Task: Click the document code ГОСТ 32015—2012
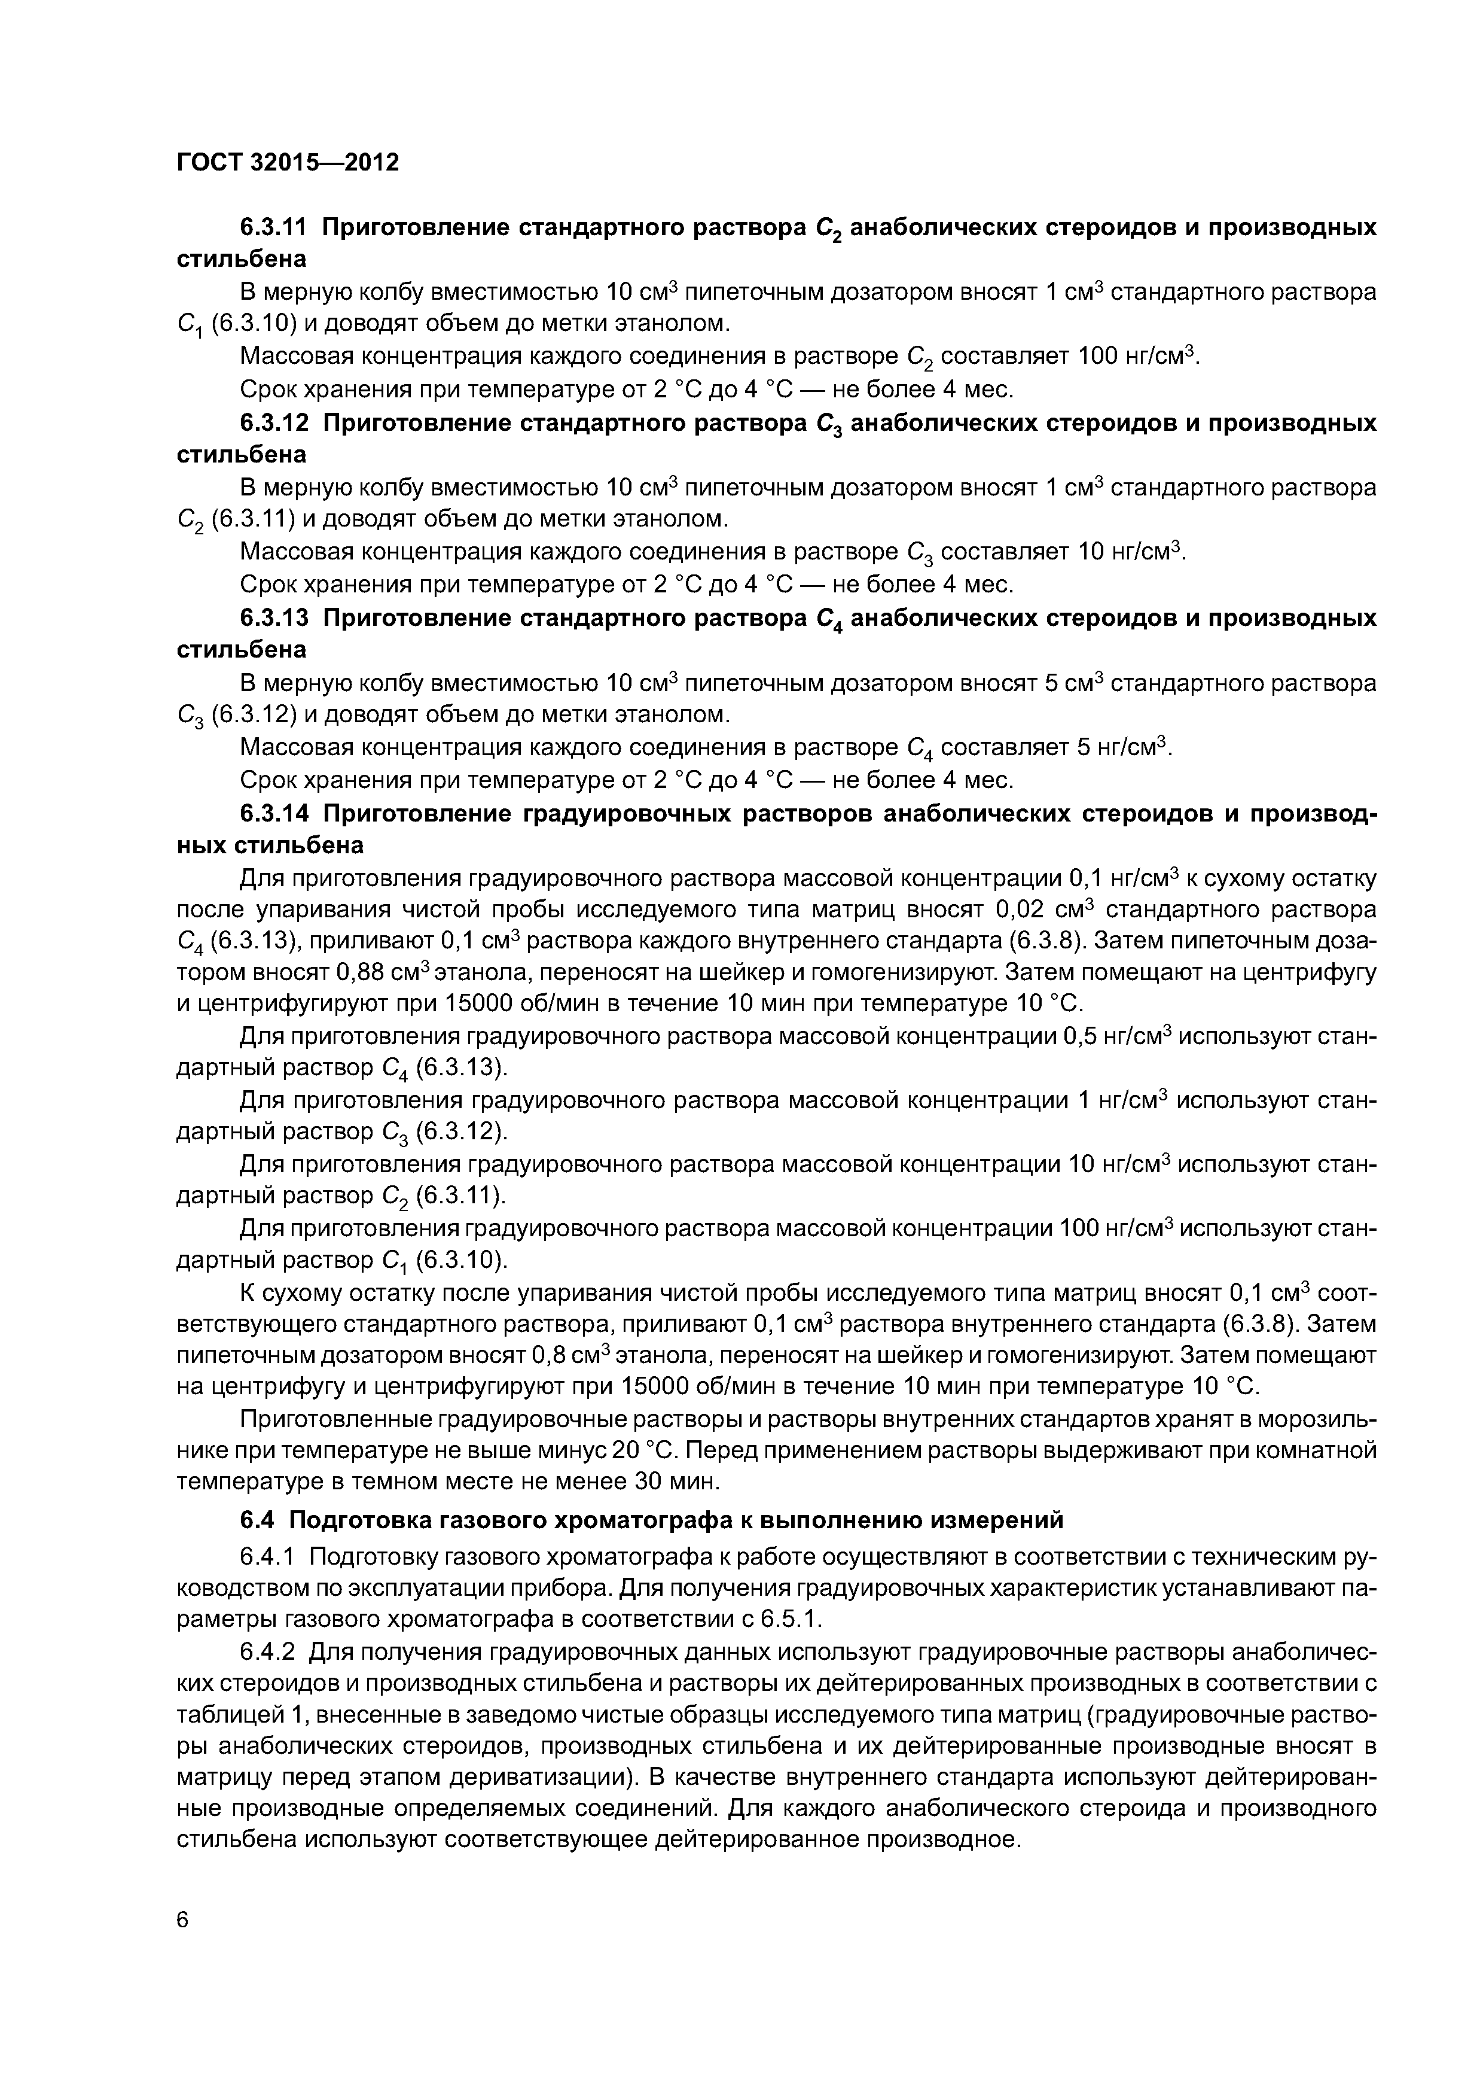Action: tap(288, 163)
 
